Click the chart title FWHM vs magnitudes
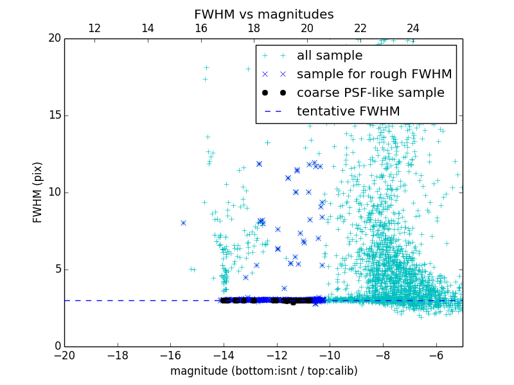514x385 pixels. (x=263, y=14)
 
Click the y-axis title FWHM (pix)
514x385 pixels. (x=37, y=193)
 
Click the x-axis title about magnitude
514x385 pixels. (x=263, y=371)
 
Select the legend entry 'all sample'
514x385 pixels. (x=329, y=56)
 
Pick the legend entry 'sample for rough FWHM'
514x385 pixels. (x=374, y=74)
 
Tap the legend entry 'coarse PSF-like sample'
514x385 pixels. (x=370, y=93)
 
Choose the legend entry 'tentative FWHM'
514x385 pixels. (x=348, y=112)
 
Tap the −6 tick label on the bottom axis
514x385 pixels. (x=436, y=355)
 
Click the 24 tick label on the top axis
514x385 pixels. (x=413, y=28)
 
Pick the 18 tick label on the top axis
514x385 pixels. (x=254, y=28)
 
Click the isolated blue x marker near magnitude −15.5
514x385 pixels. (x=183, y=223)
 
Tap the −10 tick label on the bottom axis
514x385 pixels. (x=330, y=355)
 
